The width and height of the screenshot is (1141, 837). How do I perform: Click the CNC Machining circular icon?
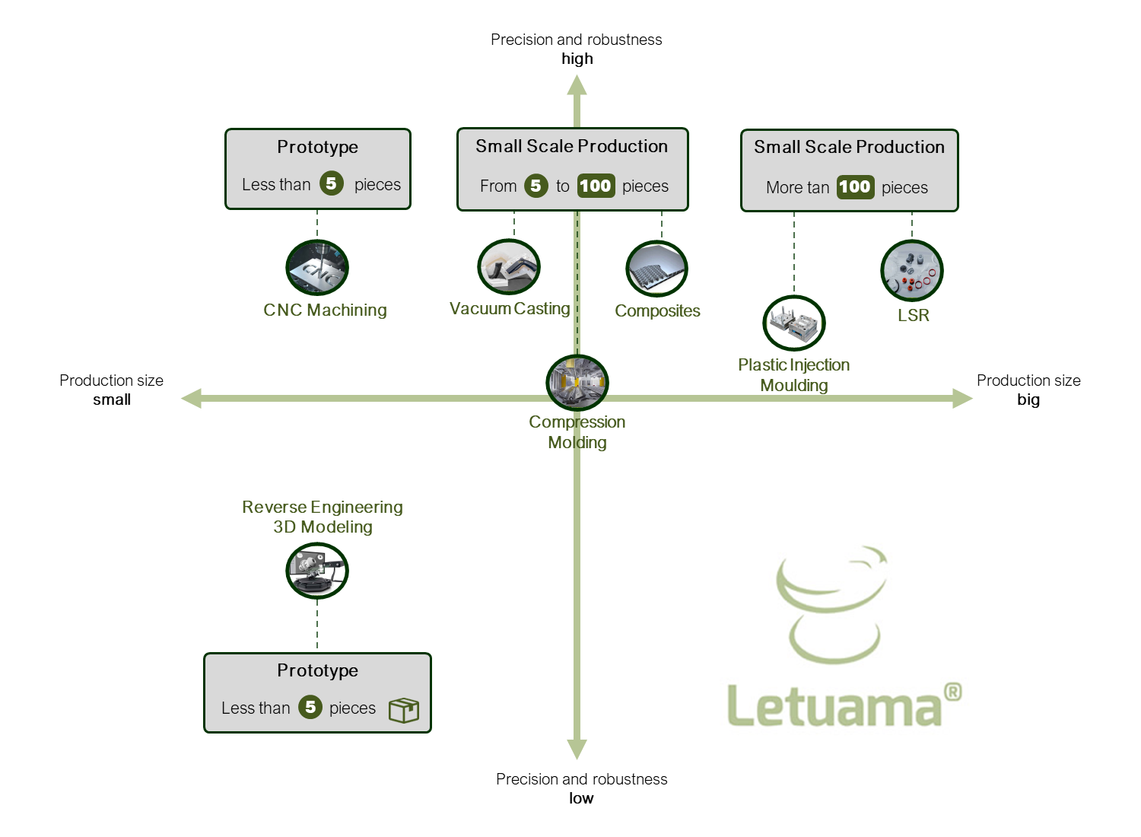click(317, 268)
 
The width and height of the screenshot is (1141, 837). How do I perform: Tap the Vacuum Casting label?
click(510, 308)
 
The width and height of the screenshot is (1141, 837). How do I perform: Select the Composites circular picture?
click(657, 269)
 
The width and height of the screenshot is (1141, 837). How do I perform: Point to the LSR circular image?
click(912, 271)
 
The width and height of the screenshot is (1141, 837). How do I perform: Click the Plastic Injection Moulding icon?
click(794, 323)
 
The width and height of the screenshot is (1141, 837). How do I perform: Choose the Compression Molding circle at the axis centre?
click(577, 383)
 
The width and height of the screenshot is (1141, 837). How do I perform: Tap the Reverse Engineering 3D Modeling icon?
click(317, 571)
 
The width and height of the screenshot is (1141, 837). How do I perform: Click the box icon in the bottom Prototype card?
click(404, 709)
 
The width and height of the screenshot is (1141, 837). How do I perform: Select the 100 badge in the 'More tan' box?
click(855, 187)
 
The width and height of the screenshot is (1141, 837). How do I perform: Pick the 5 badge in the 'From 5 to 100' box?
click(536, 186)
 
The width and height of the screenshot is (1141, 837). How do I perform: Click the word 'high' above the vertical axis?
click(577, 59)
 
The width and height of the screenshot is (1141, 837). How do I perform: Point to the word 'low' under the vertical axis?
click(581, 798)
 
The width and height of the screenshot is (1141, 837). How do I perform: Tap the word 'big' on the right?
click(1028, 399)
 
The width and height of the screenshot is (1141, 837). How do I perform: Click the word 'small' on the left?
click(112, 399)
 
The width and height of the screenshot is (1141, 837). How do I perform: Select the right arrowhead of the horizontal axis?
click(962, 398)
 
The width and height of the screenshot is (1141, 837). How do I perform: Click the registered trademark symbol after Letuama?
click(952, 692)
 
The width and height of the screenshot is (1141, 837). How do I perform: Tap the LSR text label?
click(914, 315)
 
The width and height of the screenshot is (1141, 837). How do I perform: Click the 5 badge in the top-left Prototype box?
click(332, 183)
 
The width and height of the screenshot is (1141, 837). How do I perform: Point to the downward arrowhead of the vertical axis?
click(577, 749)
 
